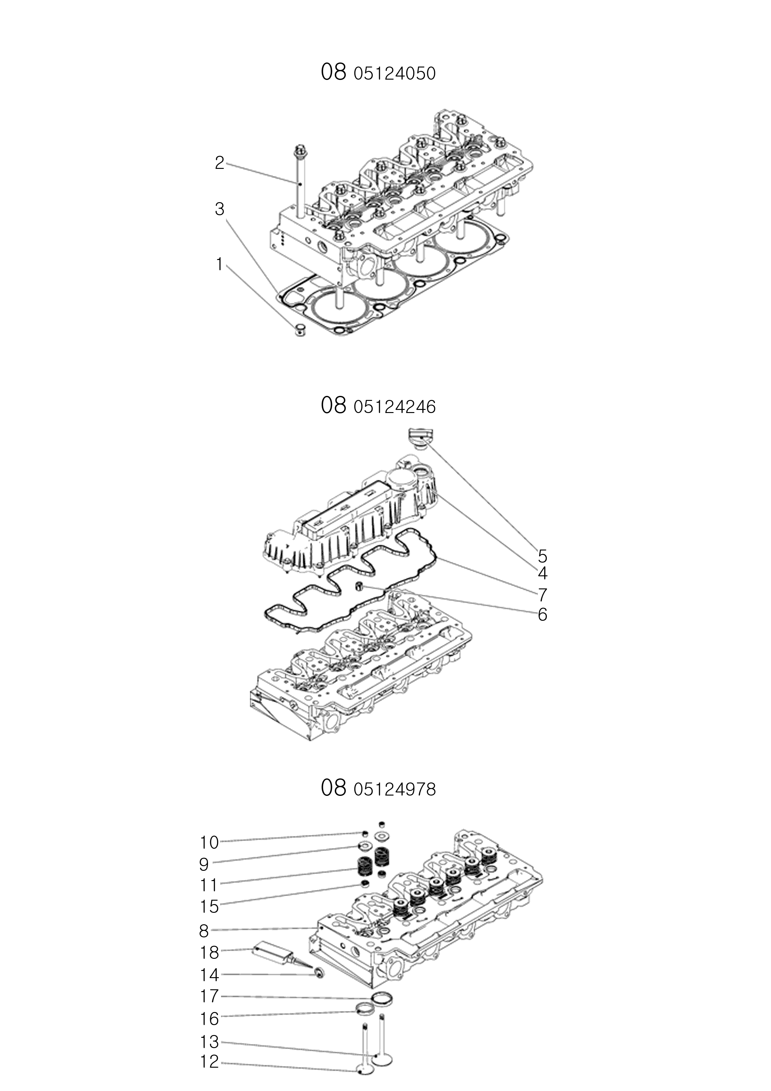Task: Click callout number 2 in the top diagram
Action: (x=219, y=163)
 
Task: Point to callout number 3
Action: (x=219, y=209)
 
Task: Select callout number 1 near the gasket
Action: (x=219, y=264)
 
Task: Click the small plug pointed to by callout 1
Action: (x=300, y=330)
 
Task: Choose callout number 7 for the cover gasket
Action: (x=542, y=594)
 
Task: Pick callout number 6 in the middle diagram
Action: (x=542, y=615)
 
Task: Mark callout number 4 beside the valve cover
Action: (x=542, y=573)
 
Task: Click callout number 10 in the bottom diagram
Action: (x=209, y=843)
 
